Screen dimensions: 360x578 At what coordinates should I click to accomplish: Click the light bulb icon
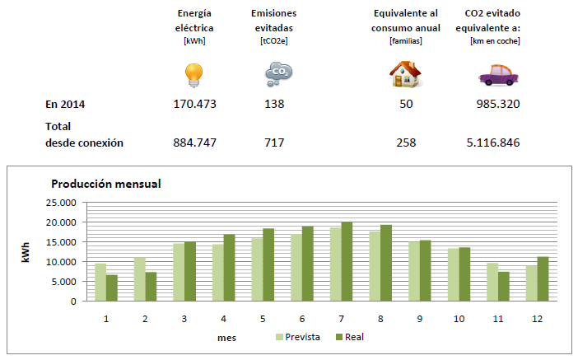[x=193, y=76]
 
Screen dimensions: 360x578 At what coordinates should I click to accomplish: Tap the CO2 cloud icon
[x=277, y=75]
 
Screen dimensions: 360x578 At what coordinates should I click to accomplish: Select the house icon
[x=405, y=75]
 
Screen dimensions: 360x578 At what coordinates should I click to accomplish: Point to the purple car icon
[x=498, y=77]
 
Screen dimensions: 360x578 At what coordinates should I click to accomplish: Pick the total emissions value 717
[x=274, y=143]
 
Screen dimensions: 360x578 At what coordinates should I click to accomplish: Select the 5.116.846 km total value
[x=492, y=143]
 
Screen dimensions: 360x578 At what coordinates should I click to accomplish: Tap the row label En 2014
[x=65, y=105]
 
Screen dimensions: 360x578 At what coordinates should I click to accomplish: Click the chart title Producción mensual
[x=105, y=184]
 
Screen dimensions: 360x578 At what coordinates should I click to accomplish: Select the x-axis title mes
[x=227, y=336]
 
